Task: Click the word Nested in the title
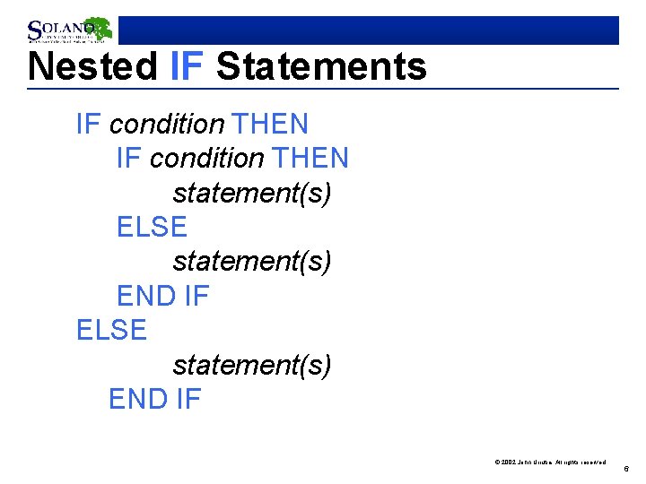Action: pos(93,67)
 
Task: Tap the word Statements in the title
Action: pos(321,67)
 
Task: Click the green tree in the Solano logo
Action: pos(97,28)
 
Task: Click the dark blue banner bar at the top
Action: pos(368,30)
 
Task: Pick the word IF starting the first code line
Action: pos(89,124)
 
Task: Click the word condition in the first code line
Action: pos(167,124)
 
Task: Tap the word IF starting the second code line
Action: pos(129,159)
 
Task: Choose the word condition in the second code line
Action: pos(207,159)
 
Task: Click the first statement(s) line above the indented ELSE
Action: pos(252,193)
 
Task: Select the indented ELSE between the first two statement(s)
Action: pos(152,228)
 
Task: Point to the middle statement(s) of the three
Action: pos(252,262)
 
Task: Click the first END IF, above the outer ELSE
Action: pos(162,296)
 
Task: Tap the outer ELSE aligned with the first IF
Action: pos(111,331)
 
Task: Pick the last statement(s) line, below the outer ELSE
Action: pos(252,365)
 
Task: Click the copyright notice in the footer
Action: pos(550,462)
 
